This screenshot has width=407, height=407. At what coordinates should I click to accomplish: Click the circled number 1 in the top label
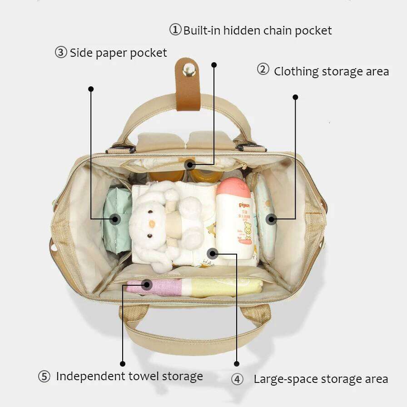coord(175,30)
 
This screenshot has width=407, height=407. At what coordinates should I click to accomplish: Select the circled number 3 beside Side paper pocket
coord(61,52)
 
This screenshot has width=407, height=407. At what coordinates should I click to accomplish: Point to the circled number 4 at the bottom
coord(237,379)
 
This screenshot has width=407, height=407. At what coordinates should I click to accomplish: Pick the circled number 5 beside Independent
coord(44,377)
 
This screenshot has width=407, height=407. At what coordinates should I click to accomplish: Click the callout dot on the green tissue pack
coord(115,219)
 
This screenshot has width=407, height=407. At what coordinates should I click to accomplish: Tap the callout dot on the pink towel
coord(146,285)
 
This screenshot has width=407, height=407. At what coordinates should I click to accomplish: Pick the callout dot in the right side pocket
coord(272,219)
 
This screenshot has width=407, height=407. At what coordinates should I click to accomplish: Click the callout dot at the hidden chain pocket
coord(190,164)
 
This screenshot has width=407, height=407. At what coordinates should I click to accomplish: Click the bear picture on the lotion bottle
coord(248,230)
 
